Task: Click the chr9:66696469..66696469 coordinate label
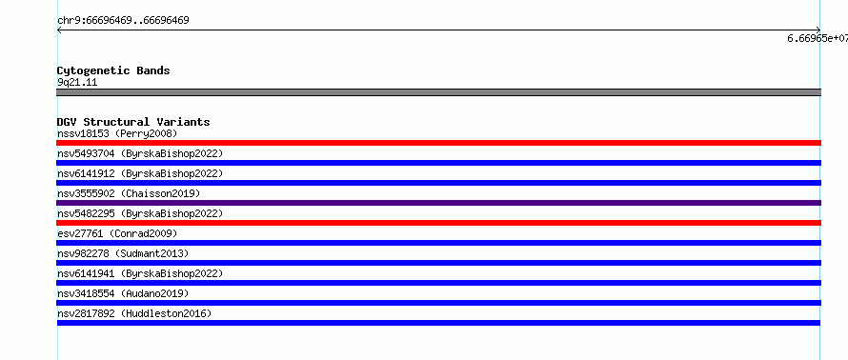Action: pyautogui.click(x=123, y=21)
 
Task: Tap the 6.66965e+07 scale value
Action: pyautogui.click(x=818, y=38)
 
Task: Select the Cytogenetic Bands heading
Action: pyautogui.click(x=113, y=70)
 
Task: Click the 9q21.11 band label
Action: pyautogui.click(x=77, y=83)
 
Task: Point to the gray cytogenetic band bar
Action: pyautogui.click(x=438, y=92)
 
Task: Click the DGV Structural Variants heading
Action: pyautogui.click(x=133, y=122)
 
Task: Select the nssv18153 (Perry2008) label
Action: pyautogui.click(x=117, y=133)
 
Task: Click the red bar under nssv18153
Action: pyautogui.click(x=438, y=143)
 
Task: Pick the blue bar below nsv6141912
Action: pyautogui.click(x=438, y=183)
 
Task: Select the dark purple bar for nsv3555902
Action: pyautogui.click(x=438, y=203)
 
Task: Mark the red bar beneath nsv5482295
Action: pyautogui.click(x=438, y=223)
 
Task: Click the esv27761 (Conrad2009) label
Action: pyautogui.click(x=117, y=233)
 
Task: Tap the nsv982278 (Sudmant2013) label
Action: pyautogui.click(x=123, y=253)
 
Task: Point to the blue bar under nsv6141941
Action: pyautogui.click(x=438, y=283)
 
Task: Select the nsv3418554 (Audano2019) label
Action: pyautogui.click(x=123, y=293)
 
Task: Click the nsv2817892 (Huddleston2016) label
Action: pyautogui.click(x=134, y=313)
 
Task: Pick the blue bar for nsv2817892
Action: pyautogui.click(x=438, y=323)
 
